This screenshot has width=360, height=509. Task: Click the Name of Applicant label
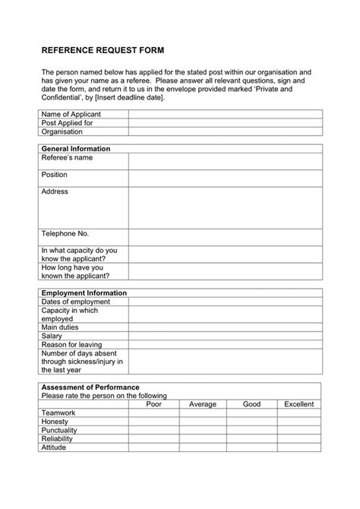point(71,114)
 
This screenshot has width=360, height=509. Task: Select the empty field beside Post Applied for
point(225,122)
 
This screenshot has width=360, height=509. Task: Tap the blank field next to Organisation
point(225,131)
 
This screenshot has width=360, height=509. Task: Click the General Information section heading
point(76,149)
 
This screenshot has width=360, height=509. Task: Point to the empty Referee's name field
point(225,161)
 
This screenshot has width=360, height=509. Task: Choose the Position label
point(55,175)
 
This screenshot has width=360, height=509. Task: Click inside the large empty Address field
point(225,207)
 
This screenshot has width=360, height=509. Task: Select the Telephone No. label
point(65,234)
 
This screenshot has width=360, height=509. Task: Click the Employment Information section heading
point(84,292)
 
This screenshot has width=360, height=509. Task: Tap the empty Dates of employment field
point(225,302)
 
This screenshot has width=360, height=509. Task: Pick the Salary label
point(52,335)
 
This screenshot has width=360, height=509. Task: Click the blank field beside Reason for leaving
point(225,344)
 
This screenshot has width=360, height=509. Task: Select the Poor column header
point(154,404)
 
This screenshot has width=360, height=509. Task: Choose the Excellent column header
point(298,404)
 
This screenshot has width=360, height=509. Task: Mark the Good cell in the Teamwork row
point(251,413)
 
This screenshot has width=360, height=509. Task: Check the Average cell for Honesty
point(203,422)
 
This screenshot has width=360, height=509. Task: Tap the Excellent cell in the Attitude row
point(298,447)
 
